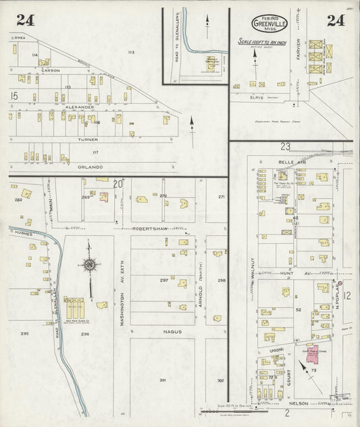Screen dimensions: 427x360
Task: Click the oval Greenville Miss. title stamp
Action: coord(269,24)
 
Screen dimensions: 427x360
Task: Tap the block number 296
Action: coord(85,334)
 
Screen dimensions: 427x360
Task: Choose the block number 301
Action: coord(163,380)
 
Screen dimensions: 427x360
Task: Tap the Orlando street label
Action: coord(89,166)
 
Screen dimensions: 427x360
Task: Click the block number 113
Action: coord(131,52)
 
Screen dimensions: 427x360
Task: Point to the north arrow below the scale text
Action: coord(255,59)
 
